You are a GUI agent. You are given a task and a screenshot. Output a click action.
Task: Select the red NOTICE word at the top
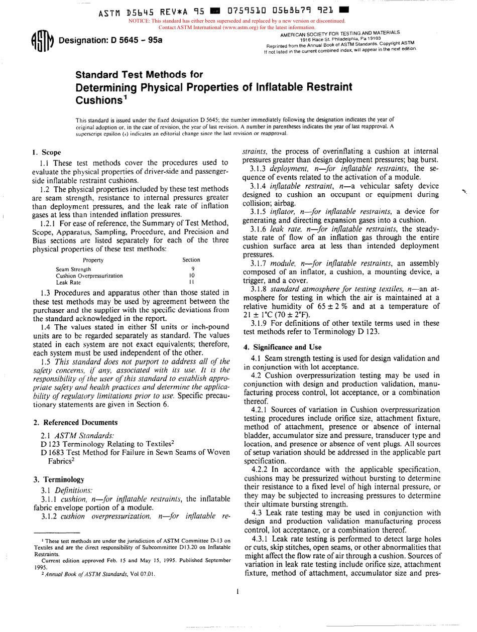142,21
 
